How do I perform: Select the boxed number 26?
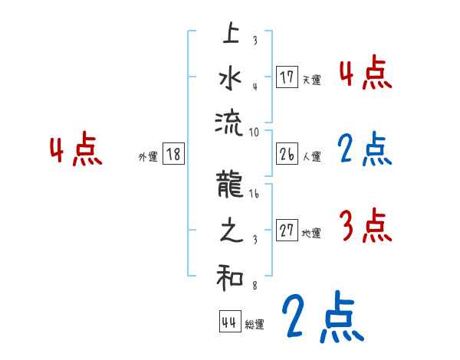point(287,154)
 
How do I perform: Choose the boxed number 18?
point(173,154)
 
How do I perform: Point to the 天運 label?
point(311,79)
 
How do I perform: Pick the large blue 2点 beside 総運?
point(322,317)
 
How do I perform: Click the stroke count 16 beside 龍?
point(255,196)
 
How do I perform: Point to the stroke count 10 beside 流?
point(255,132)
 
